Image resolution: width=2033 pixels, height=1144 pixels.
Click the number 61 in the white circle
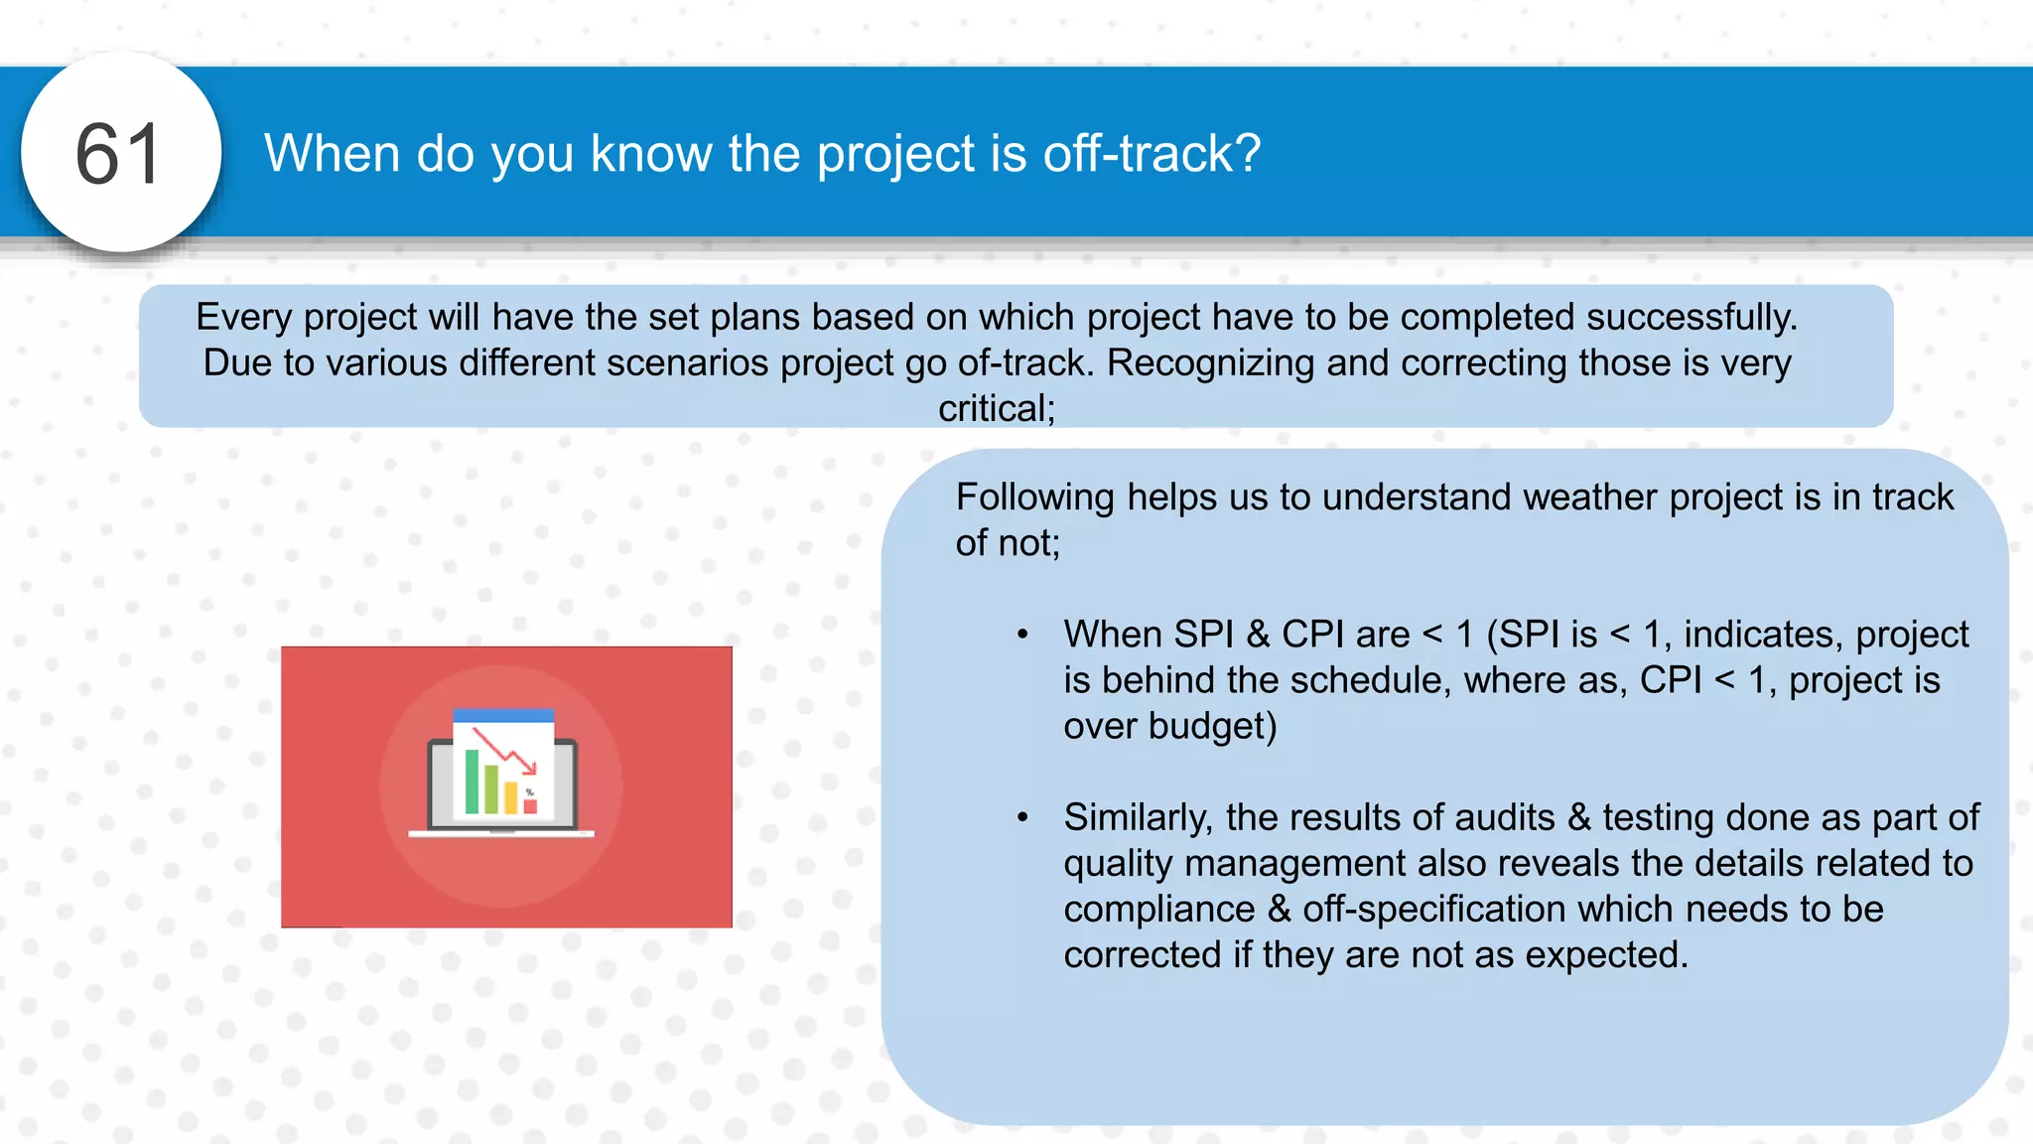[118, 155]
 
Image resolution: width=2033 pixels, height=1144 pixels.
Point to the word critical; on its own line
[997, 408]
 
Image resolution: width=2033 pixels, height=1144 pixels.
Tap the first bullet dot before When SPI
[1022, 635]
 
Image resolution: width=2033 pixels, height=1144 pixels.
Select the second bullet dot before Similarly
[1022, 817]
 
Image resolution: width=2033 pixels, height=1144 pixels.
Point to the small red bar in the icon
[530, 805]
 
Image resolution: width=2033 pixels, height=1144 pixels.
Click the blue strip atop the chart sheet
[503, 715]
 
